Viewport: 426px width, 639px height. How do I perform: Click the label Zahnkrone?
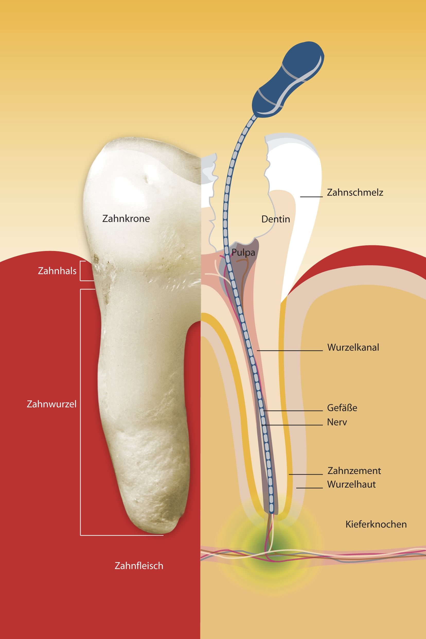(126, 218)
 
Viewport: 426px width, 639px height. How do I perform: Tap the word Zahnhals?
(57, 271)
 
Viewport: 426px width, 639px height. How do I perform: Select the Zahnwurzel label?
(51, 404)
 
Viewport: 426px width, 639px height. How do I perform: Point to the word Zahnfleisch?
(139, 566)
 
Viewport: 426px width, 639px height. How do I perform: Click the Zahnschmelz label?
(355, 192)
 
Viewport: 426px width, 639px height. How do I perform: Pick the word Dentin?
(276, 219)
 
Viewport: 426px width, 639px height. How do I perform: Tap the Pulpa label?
(243, 253)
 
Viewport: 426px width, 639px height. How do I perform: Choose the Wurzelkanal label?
(353, 348)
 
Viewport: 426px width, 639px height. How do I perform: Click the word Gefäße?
(342, 408)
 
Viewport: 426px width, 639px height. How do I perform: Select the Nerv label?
(337, 422)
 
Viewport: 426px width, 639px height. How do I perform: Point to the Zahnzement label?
(354, 470)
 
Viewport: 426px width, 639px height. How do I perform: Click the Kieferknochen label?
(376, 524)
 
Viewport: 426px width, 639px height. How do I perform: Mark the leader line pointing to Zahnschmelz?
(311, 197)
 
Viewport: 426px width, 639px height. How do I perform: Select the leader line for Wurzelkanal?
(290, 350)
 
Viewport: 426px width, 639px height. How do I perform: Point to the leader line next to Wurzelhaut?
(309, 488)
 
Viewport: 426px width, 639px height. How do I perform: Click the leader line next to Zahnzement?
(306, 474)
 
